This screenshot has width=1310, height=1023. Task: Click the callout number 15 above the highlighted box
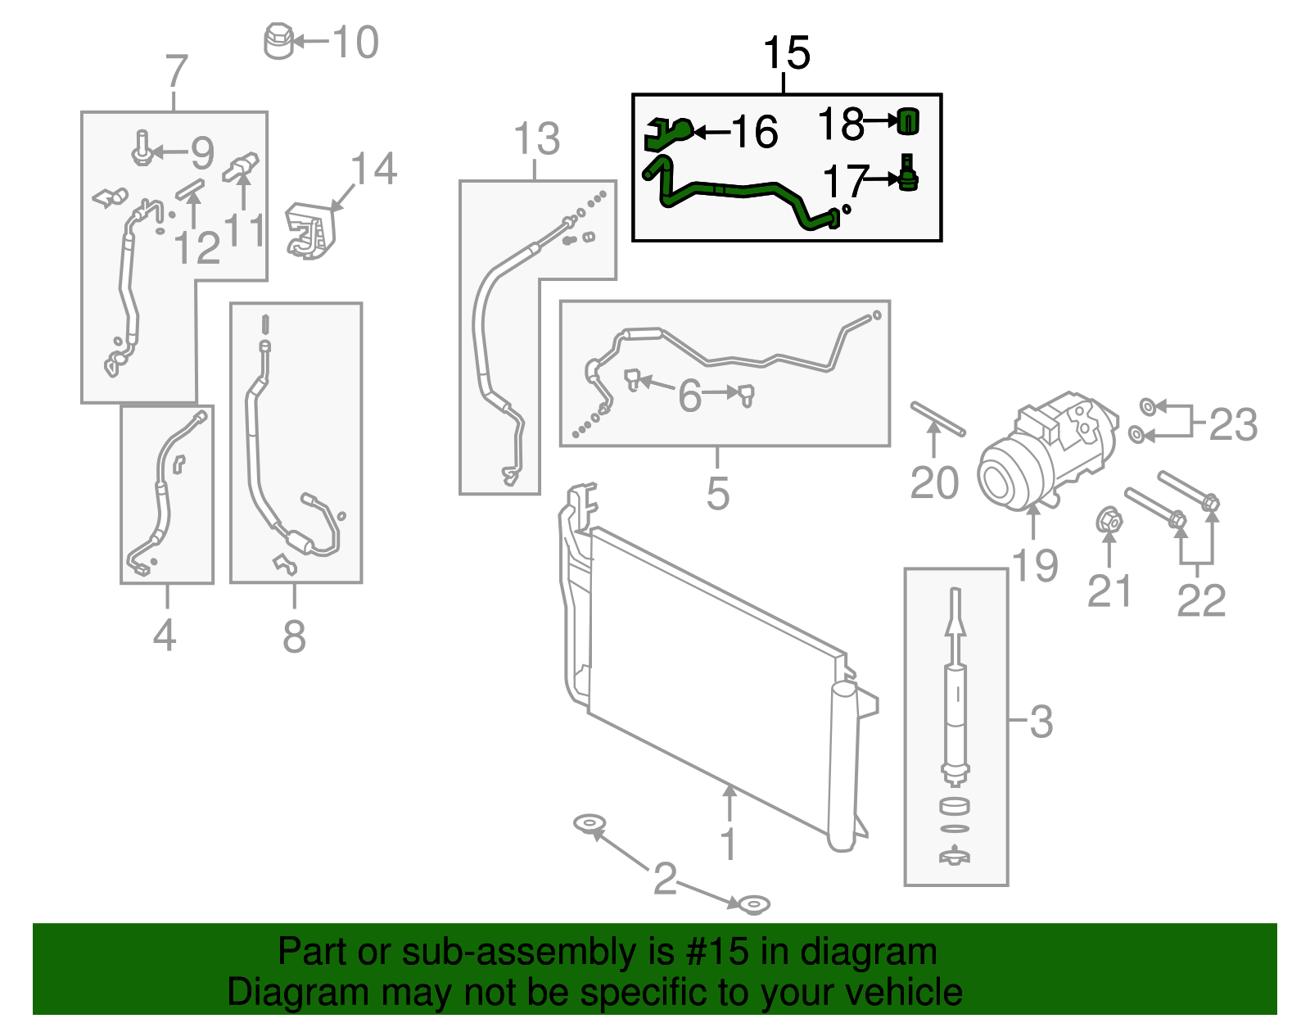(786, 53)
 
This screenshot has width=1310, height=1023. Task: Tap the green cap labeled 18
(908, 121)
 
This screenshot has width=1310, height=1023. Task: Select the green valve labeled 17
(907, 174)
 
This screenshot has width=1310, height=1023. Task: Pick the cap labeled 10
(278, 41)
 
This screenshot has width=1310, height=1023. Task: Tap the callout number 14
(373, 169)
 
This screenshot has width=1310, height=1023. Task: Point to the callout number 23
(1232, 425)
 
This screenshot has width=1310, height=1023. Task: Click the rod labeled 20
(938, 419)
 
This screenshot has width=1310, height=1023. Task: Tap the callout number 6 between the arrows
(689, 396)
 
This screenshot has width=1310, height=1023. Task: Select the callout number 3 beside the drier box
(1040, 722)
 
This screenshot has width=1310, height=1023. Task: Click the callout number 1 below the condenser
(728, 844)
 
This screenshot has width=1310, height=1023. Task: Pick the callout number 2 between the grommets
(665, 879)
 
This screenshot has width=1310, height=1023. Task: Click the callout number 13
(536, 138)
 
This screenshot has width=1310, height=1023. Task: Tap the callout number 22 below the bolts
(1200, 600)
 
